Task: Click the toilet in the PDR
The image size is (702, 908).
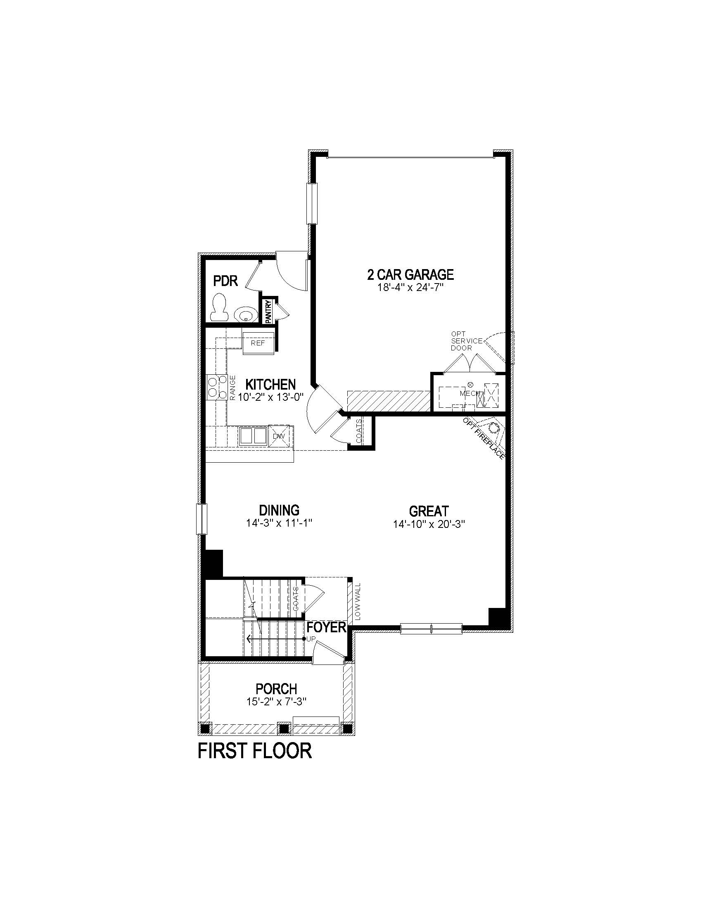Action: tap(219, 307)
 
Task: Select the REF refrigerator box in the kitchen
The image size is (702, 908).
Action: tap(258, 343)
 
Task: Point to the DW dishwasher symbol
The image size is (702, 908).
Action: tap(278, 436)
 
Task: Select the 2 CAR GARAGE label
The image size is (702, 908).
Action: tap(410, 274)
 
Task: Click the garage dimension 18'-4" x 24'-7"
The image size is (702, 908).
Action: tap(410, 287)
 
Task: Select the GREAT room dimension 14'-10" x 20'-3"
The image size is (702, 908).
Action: tap(429, 524)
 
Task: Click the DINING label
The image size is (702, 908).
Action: tap(279, 510)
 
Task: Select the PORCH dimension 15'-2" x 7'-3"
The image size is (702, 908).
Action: tap(276, 702)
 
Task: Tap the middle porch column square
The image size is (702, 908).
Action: tap(284, 728)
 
